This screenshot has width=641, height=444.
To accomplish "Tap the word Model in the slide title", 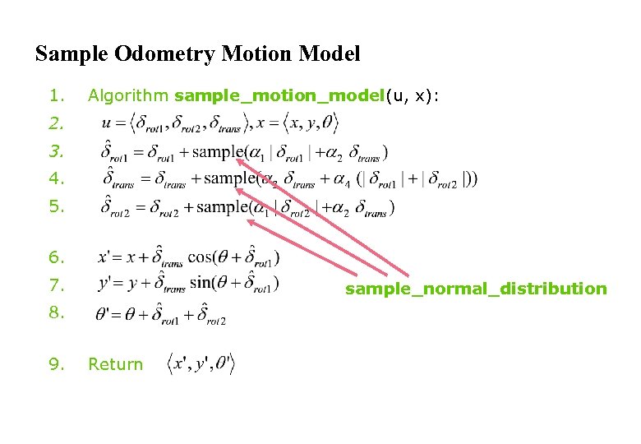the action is (328, 55).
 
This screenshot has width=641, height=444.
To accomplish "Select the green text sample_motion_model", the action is (279, 96).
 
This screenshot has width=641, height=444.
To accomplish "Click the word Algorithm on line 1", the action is (129, 96).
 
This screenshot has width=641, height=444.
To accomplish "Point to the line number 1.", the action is (54, 96).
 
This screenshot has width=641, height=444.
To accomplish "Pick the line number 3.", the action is (55, 151).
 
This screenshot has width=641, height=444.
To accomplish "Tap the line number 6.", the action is (55, 257).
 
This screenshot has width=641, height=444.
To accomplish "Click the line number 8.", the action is (55, 312).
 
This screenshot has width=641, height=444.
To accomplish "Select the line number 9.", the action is (55, 364).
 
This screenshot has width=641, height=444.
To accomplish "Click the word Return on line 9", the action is (115, 364).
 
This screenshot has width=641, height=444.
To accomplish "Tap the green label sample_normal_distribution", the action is (476, 289).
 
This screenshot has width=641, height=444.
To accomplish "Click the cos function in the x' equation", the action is (200, 257).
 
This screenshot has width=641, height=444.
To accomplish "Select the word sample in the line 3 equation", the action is (231, 151).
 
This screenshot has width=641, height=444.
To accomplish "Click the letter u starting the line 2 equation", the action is (106, 124).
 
